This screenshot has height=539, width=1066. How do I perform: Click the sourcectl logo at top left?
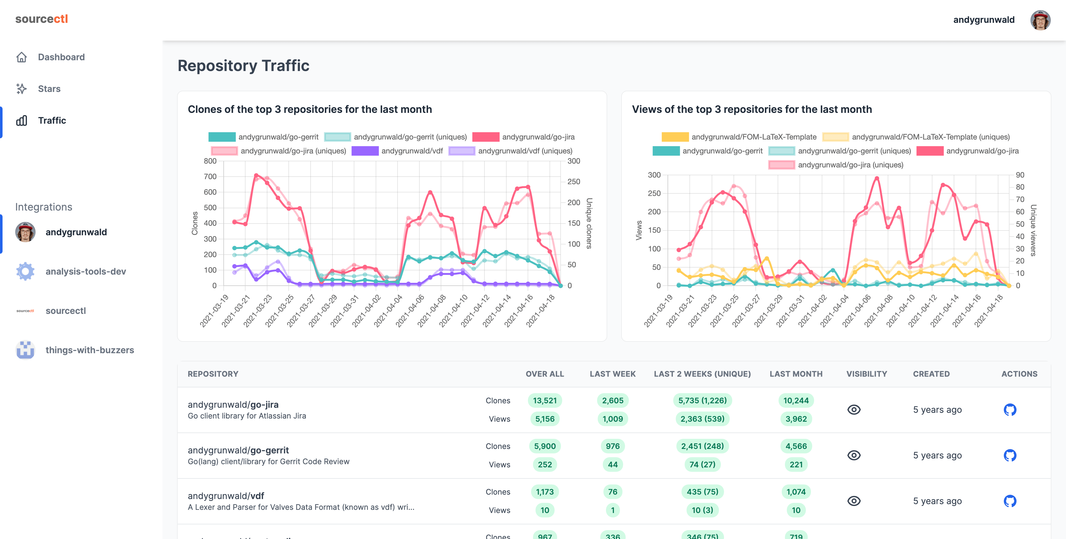[41, 19]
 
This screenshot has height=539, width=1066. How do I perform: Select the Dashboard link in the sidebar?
[61, 57]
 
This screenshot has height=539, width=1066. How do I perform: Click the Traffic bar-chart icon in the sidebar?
[22, 120]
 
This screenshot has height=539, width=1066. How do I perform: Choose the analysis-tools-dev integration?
[85, 271]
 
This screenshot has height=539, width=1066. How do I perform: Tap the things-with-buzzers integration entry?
[89, 350]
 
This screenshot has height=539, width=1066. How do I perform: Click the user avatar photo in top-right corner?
[1040, 20]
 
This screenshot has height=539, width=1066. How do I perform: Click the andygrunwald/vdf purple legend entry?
[397, 151]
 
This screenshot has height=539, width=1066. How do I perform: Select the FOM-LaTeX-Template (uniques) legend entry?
[916, 137]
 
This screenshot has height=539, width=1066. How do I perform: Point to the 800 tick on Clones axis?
[210, 161]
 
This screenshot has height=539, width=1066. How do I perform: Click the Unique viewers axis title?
[1033, 230]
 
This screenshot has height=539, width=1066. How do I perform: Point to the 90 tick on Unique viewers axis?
[1020, 175]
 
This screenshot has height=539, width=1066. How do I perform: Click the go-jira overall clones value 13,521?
[545, 400]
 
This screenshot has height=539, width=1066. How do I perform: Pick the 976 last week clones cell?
[612, 446]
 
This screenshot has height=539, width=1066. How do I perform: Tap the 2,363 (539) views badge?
[702, 419]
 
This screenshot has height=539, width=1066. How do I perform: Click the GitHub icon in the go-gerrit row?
[1010, 455]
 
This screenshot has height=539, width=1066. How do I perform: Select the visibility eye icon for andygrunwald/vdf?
[854, 501]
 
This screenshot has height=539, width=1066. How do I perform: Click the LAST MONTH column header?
[796, 374]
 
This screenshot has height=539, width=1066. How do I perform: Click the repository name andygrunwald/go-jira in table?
[233, 405]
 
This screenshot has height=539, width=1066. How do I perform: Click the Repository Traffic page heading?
[243, 66]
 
